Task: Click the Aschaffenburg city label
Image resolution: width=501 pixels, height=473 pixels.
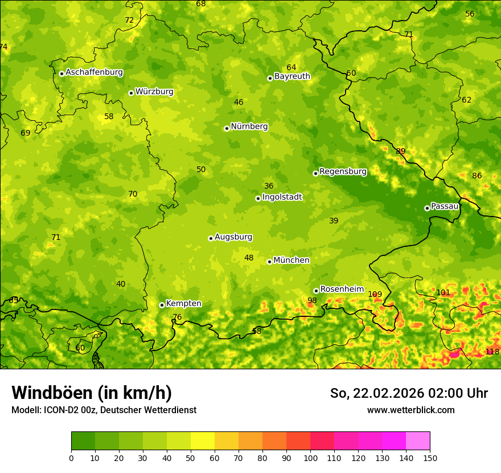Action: (94, 72)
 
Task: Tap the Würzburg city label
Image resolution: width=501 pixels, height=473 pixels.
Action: (154, 92)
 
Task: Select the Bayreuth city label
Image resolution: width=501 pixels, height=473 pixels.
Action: (292, 76)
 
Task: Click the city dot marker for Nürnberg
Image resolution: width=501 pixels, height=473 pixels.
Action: (227, 128)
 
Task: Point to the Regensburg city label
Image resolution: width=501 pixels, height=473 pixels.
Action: (343, 172)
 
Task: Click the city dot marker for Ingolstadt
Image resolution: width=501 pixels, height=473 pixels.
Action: (258, 198)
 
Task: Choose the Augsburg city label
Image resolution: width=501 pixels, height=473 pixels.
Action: (233, 237)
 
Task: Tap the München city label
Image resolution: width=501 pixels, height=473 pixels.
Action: (291, 260)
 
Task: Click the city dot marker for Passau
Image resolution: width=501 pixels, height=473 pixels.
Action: (427, 208)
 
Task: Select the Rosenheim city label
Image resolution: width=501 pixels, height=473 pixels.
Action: (342, 289)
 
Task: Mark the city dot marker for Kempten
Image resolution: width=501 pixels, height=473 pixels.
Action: (162, 305)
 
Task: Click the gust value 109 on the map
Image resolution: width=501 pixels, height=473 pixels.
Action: (375, 295)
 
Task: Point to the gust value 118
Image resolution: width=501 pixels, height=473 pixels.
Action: (492, 352)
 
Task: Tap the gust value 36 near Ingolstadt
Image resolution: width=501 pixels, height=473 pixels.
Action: (269, 186)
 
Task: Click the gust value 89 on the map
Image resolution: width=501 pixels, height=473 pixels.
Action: (401, 152)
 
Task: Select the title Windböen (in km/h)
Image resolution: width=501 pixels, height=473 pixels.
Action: (91, 393)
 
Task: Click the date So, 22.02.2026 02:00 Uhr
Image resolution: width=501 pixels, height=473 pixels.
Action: (409, 393)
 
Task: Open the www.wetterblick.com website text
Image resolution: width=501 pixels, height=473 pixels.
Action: (410, 410)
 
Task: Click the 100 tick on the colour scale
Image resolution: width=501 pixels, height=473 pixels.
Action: (310, 458)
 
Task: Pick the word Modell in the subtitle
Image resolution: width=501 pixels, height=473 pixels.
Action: (25, 410)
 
